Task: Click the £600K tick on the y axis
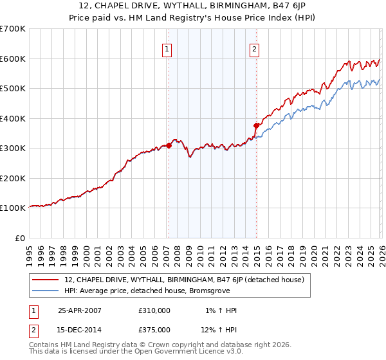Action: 12,59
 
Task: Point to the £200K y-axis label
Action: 12,178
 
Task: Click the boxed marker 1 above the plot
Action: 167,48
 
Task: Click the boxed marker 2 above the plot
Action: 255,48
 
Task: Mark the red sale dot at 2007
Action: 169,145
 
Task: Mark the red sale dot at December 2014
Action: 257,125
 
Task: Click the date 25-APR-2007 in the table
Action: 80,310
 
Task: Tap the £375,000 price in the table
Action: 154,329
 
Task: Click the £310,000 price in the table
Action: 154,310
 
